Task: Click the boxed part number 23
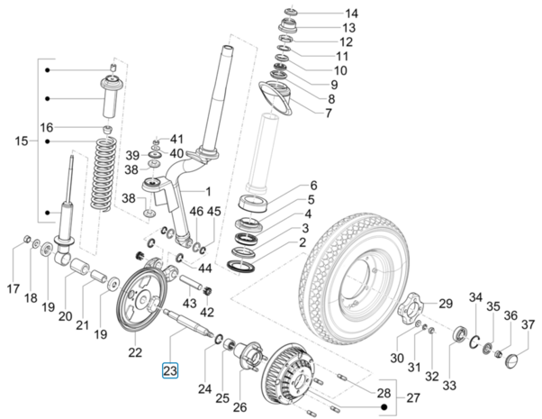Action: [170, 369]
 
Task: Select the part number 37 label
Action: [528, 324]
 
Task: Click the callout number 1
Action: [208, 191]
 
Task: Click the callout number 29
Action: [445, 304]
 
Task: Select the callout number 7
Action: [328, 114]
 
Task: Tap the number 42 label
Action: [208, 313]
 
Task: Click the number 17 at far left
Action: [12, 289]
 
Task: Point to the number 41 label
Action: [176, 139]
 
